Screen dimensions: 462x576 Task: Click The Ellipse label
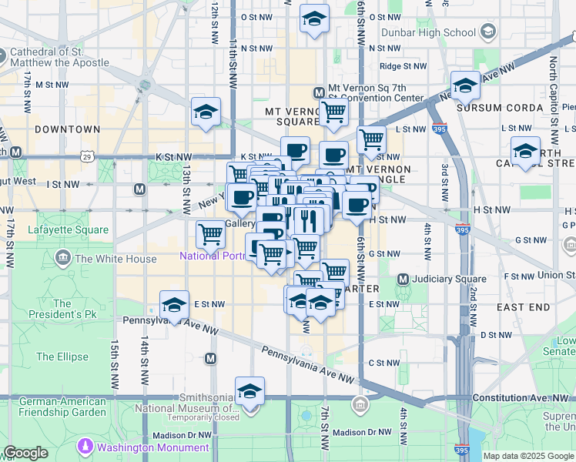[56, 357]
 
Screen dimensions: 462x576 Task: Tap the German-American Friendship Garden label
[62, 407]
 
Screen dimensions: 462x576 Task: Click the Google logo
[25, 453]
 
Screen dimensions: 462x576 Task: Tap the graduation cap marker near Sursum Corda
[465, 87]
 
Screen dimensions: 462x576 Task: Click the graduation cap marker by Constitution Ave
[249, 393]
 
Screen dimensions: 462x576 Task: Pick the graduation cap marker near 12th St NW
[206, 112]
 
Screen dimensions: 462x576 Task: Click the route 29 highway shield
[88, 157]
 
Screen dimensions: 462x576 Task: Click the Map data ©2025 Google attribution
[529, 456]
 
